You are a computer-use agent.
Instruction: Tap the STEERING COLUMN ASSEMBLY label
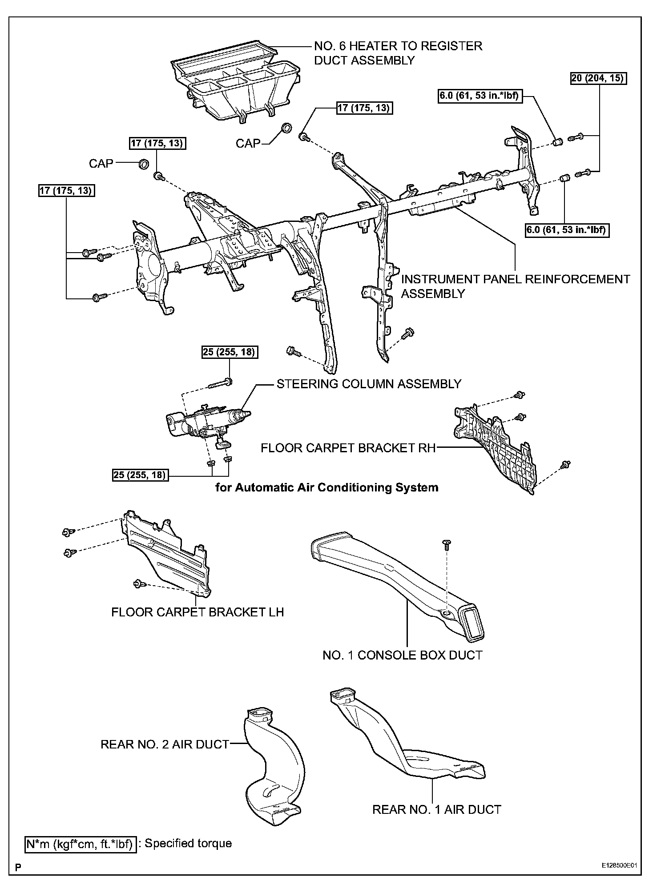pyautogui.click(x=369, y=384)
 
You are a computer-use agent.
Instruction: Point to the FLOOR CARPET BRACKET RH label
pyautogui.click(x=348, y=448)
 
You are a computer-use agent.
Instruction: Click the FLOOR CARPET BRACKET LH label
pyautogui.click(x=197, y=612)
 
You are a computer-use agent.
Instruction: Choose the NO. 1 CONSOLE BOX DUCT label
pyautogui.click(x=402, y=655)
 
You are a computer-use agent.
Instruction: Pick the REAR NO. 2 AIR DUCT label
pyautogui.click(x=165, y=744)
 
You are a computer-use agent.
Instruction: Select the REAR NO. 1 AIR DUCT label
pyautogui.click(x=436, y=809)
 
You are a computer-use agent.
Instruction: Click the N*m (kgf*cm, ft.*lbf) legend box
pyautogui.click(x=79, y=844)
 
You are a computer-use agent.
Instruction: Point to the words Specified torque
pyautogui.click(x=188, y=844)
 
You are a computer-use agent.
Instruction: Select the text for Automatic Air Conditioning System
pyautogui.click(x=327, y=488)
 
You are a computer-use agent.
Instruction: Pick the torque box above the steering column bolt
pyautogui.click(x=230, y=352)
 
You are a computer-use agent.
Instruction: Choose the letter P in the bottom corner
pyautogui.click(x=18, y=866)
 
